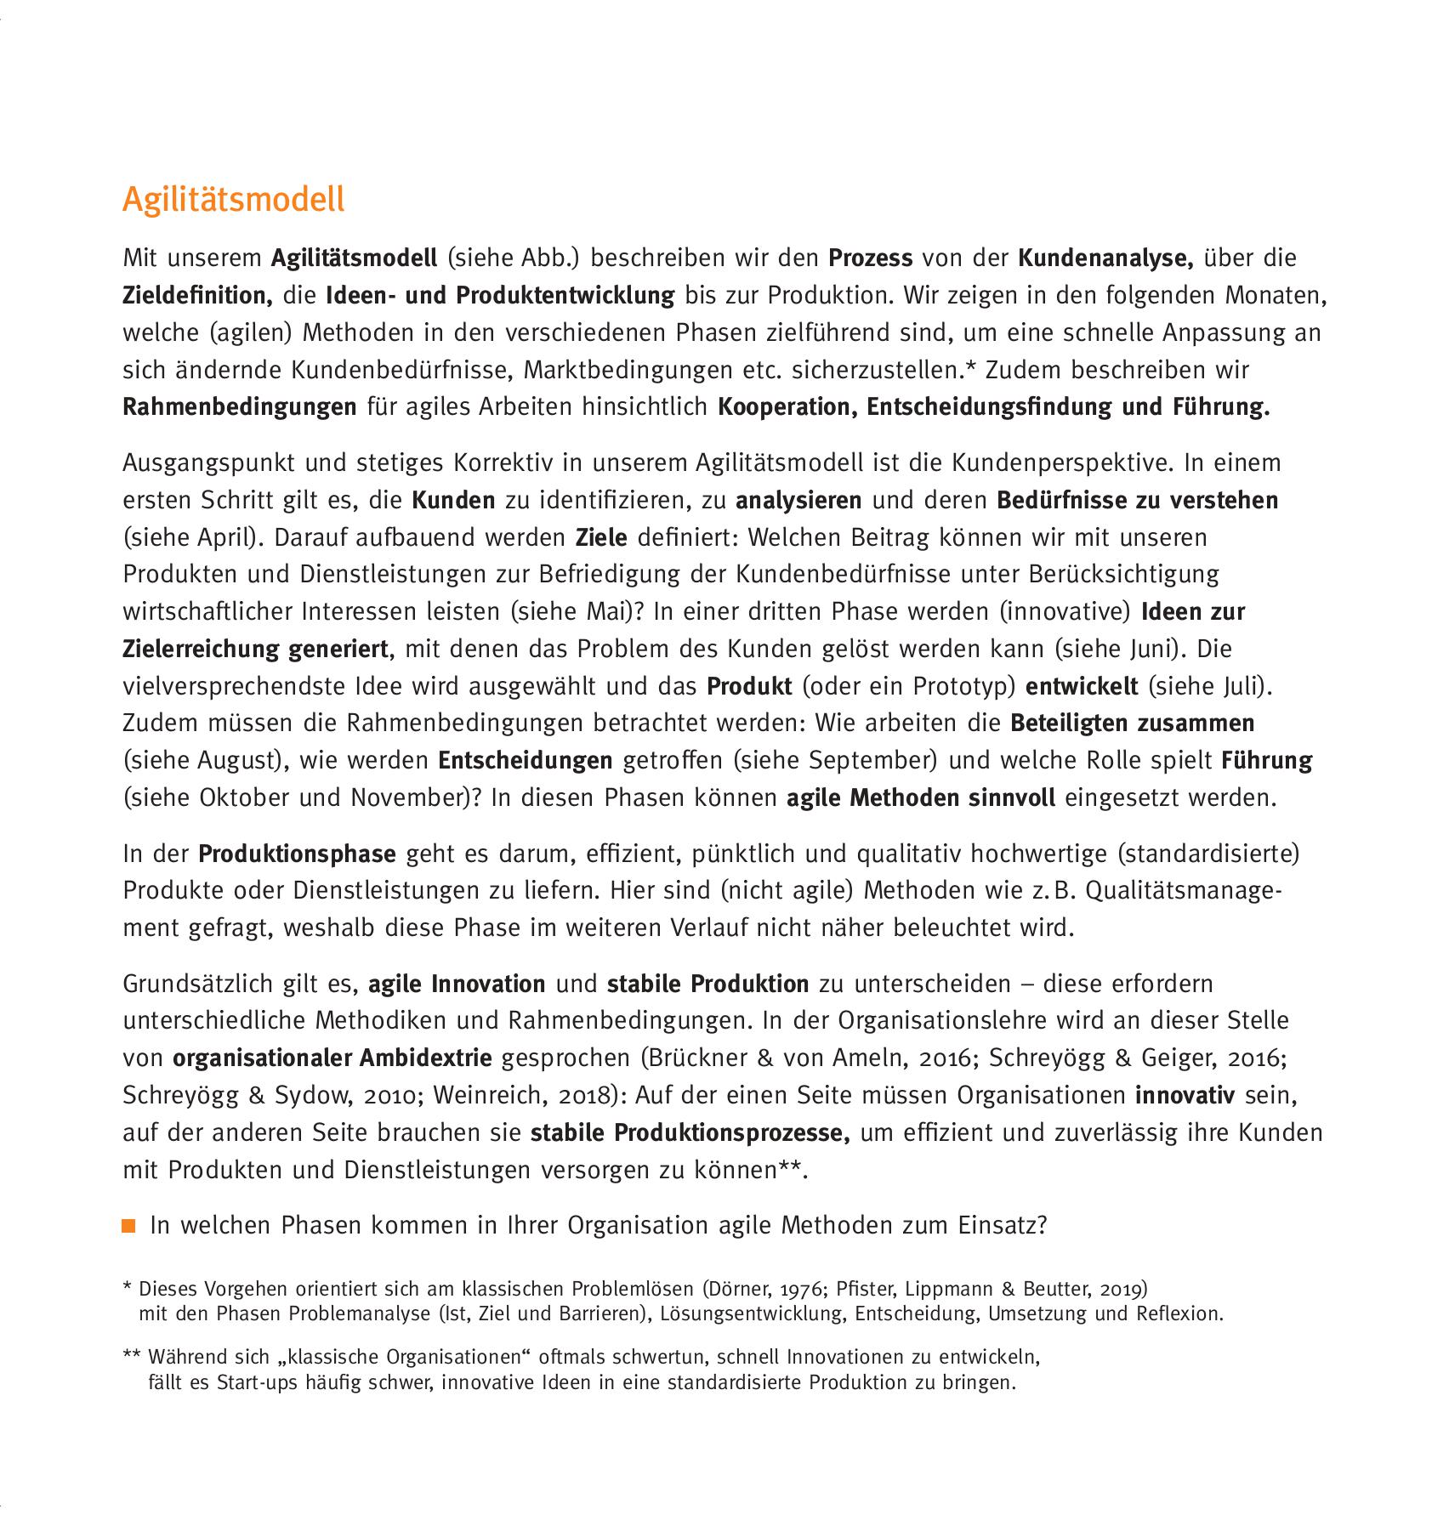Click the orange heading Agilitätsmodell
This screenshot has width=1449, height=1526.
click(234, 200)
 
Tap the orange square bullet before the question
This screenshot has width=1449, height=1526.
click(129, 1225)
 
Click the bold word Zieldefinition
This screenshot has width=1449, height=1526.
click(197, 295)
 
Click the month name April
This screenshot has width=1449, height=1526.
click(223, 537)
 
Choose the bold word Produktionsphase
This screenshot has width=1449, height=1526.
click(297, 853)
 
